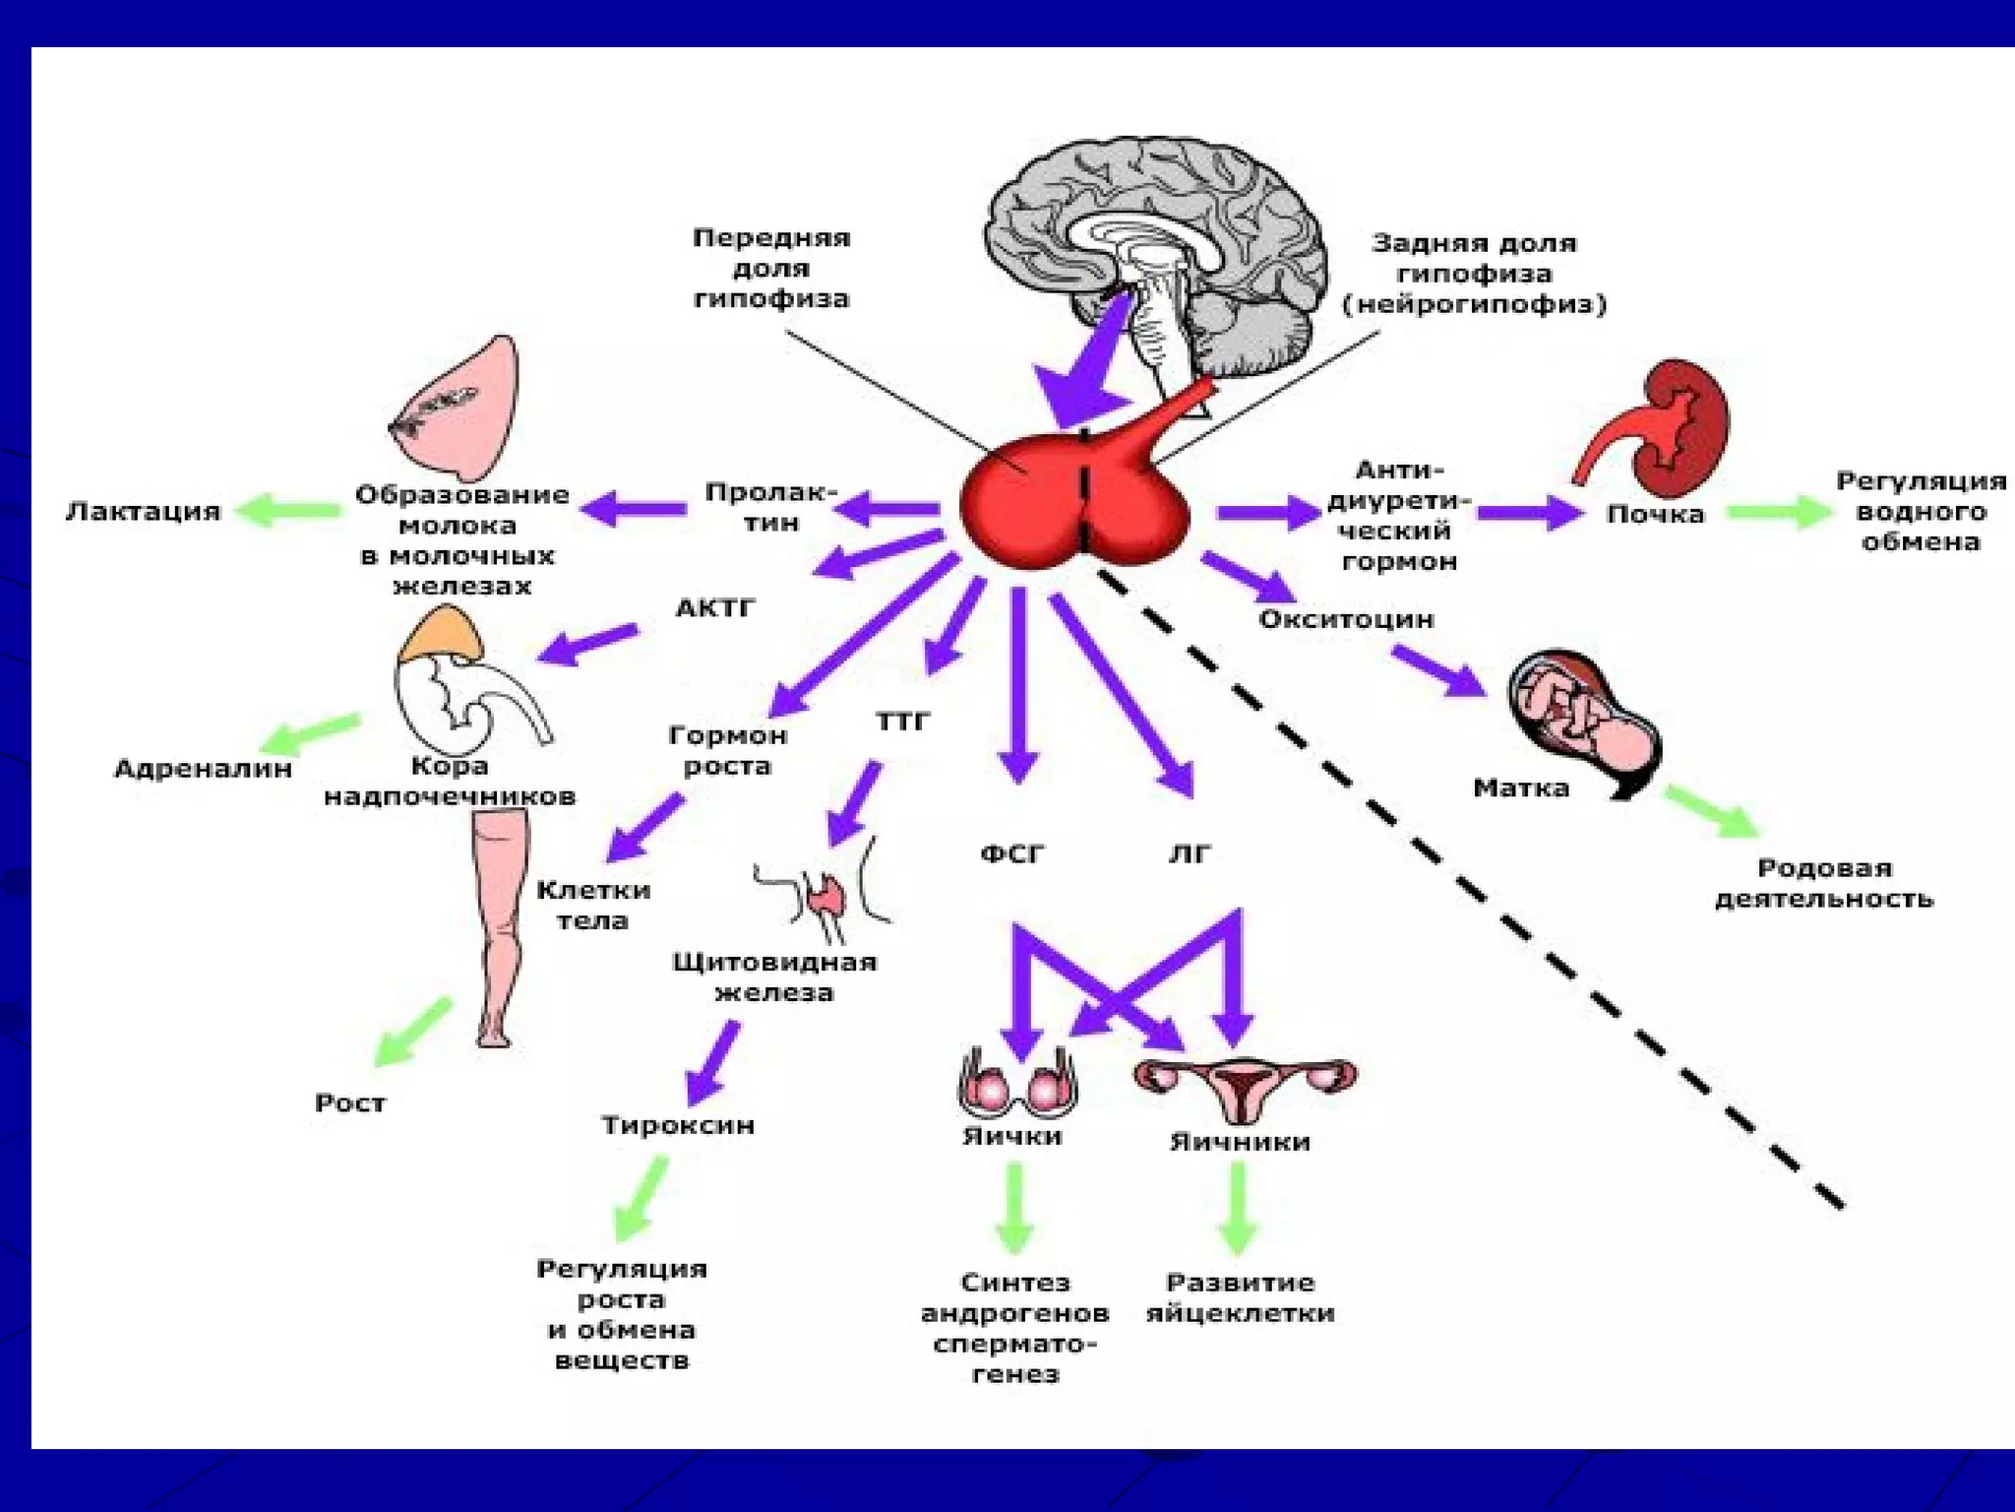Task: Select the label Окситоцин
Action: click(x=1346, y=619)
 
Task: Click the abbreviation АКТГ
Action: click(x=715, y=608)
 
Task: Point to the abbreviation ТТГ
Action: click(x=902, y=722)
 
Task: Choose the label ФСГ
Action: click(x=1012, y=853)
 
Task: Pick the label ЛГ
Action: click(x=1190, y=853)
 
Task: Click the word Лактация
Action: click(x=144, y=511)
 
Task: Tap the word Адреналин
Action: click(x=204, y=768)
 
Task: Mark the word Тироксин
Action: click(x=678, y=1124)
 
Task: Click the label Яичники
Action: click(x=1240, y=1142)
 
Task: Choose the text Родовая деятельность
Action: click(x=1823, y=883)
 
